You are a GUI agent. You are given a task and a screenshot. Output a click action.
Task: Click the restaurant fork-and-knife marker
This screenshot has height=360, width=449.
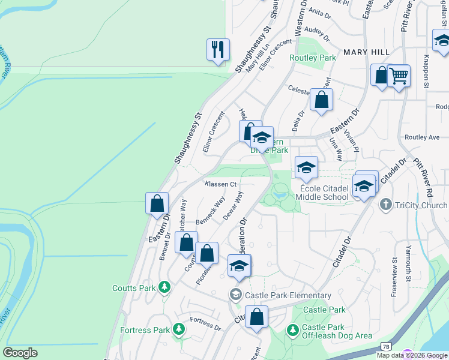(x=218, y=50)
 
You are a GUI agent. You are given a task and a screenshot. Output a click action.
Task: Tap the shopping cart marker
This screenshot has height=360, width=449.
(x=399, y=76)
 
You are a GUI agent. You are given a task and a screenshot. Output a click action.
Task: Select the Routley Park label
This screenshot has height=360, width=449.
(x=312, y=58)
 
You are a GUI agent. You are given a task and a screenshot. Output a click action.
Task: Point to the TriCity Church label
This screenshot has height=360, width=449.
(x=421, y=205)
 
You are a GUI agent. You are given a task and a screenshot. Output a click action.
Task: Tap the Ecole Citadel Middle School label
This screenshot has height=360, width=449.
(x=324, y=193)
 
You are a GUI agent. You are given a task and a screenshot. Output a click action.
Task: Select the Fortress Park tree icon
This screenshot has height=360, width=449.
(x=178, y=329)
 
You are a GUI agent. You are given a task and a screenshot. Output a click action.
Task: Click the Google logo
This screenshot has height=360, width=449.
(x=20, y=353)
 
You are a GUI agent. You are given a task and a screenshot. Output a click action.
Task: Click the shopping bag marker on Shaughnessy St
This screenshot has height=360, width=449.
(x=157, y=203)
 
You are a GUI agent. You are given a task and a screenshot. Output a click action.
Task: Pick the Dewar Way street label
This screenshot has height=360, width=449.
(x=234, y=206)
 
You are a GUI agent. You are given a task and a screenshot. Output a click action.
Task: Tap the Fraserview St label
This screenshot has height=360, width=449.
(x=394, y=270)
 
